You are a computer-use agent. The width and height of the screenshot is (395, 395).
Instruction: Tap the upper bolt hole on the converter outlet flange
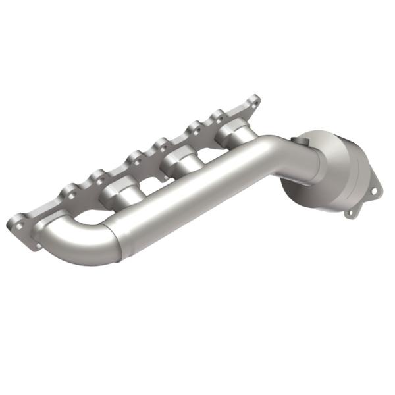click(373, 191)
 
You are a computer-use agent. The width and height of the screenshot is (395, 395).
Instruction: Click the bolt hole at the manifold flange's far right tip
click(253, 101)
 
